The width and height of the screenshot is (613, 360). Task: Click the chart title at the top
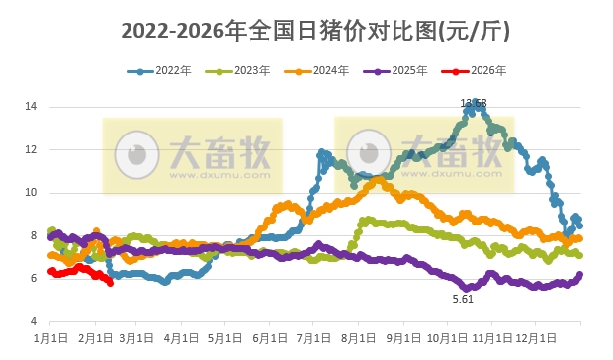coord(315,31)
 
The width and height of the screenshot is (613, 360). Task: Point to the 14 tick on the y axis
coord(31,106)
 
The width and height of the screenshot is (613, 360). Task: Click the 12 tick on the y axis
coord(31,149)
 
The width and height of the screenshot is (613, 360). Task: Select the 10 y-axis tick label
coord(31,193)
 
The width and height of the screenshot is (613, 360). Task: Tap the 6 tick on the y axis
coord(34,279)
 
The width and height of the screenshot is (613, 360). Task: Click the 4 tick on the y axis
coord(34,322)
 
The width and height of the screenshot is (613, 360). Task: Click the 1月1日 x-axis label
coord(50,337)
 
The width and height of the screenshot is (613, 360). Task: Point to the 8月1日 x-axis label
coord(358,337)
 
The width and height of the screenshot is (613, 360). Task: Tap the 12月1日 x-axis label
coord(535,337)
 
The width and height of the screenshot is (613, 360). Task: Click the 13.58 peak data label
coord(474,103)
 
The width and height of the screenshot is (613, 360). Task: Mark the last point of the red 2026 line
coord(110,284)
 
